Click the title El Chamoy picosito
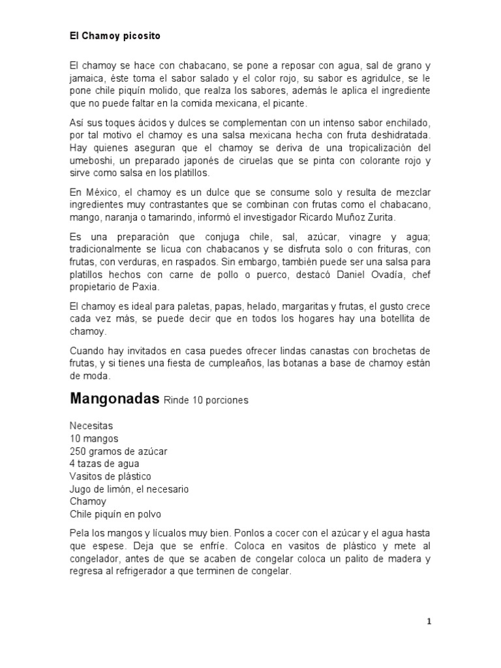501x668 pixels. pos(115,37)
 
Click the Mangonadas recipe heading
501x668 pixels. pos(114,399)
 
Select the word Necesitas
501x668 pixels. pos(91,426)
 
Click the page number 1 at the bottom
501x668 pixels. pos(429,622)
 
